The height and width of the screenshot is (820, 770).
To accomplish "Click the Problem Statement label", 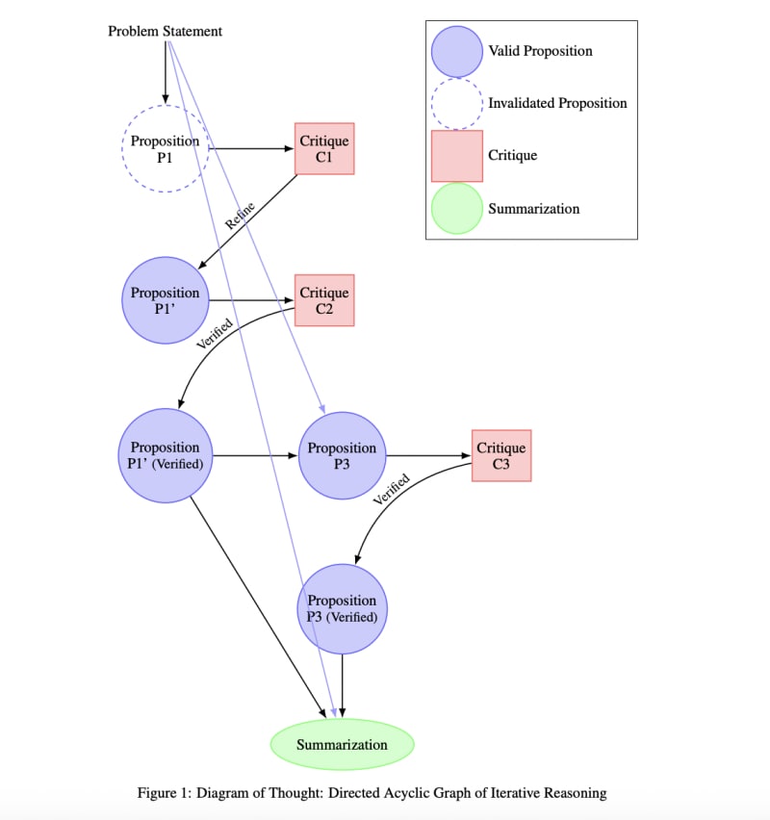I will [165, 32].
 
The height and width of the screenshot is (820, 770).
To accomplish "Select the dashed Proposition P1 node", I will [166, 149].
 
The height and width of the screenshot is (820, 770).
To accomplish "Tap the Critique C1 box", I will [324, 149].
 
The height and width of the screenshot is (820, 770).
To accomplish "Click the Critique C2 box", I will [324, 300].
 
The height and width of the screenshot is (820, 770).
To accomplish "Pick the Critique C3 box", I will [501, 455].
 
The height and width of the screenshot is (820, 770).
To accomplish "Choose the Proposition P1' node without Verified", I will [166, 300].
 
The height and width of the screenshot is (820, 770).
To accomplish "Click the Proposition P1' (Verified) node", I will [166, 455].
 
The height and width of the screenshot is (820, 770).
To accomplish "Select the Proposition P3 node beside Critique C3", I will [342, 455].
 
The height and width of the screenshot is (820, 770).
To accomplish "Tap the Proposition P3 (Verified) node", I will [342, 608].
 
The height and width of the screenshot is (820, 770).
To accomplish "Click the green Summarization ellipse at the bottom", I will [342, 744].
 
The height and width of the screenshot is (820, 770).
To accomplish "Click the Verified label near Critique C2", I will [214, 329].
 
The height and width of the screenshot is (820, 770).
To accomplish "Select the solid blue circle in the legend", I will [457, 51].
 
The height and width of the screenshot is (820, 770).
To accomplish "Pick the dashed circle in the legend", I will [457, 103].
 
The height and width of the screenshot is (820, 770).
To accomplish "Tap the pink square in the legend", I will [457, 156].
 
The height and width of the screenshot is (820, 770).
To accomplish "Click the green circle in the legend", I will [457, 208].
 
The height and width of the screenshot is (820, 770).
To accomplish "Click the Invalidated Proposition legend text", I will [557, 103].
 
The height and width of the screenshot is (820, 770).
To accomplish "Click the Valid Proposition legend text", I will [540, 51].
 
